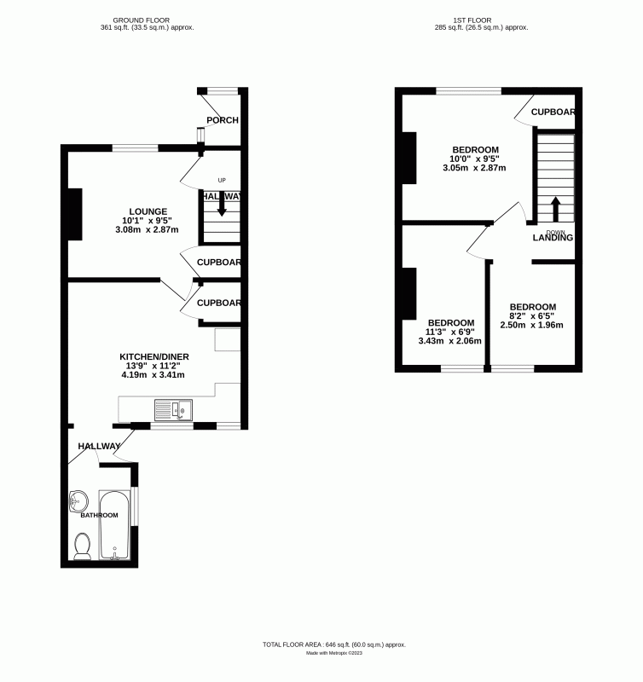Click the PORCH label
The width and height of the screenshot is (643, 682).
223,120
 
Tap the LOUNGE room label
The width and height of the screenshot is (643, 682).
148,211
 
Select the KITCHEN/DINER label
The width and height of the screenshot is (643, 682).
154,356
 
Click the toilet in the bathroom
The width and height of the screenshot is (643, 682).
83,546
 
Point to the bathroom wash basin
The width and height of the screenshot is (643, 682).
79,499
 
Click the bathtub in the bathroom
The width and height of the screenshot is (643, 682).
114,523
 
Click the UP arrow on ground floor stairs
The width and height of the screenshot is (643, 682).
222,203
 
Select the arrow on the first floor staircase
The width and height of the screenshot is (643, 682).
554,209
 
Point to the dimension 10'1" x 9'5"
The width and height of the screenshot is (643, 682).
148,221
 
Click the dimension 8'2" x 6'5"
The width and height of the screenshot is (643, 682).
532,316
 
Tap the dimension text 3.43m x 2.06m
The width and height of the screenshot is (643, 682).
450,341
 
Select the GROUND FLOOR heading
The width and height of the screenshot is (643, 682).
147,19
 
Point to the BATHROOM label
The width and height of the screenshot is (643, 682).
99,516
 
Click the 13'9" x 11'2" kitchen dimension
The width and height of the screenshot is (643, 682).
154,366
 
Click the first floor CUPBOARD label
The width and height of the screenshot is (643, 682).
553,112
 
